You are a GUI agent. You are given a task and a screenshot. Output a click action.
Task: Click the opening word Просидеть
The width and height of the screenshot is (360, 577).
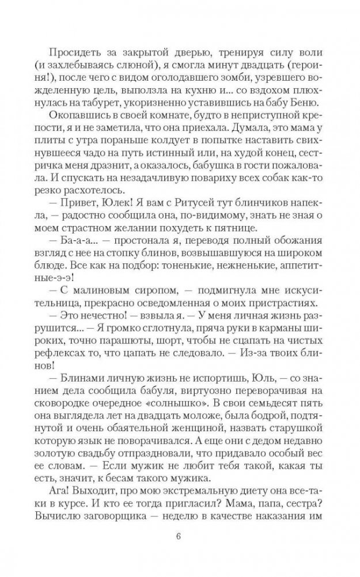pos(74,50)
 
